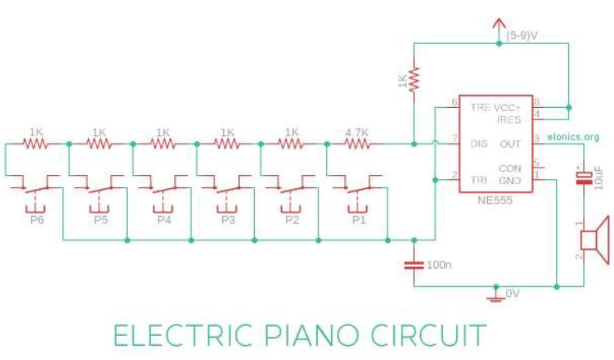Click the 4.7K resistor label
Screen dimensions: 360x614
pos(356,132)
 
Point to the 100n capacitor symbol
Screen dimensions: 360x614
pos(412,265)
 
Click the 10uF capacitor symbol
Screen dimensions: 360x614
pos(584,177)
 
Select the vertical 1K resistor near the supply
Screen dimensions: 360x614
pos(412,80)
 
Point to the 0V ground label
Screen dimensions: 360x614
pos(512,294)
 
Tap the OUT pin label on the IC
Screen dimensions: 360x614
pos(509,144)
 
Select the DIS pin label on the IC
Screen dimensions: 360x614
pos(479,144)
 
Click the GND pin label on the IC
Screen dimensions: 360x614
pos(509,178)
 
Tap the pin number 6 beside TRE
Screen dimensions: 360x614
pos(454,103)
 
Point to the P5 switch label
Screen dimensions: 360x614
pos(99,220)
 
